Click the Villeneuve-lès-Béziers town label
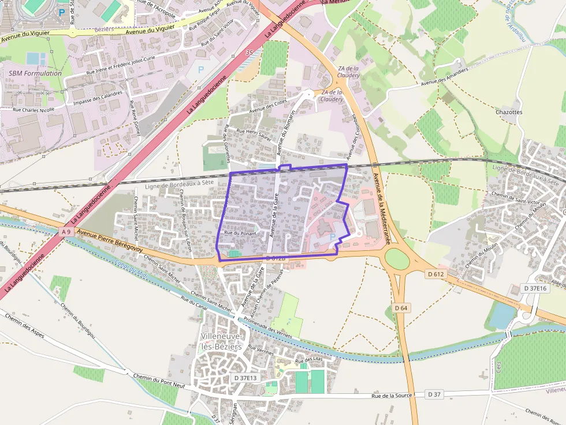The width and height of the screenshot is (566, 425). click(222, 341)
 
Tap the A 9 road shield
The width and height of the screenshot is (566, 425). click(67, 231)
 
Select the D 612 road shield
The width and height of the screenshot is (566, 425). click(436, 274)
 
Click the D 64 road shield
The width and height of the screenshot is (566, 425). click(401, 308)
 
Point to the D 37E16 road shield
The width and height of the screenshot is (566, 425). click(535, 288)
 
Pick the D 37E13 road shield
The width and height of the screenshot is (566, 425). click(245, 378)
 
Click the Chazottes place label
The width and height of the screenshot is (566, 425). click(509, 112)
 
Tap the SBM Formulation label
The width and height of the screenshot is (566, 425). click(35, 73)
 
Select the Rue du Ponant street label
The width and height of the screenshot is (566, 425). click(240, 233)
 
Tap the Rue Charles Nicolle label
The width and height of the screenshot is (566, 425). click(33, 109)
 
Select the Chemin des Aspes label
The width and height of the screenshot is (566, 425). click(24, 326)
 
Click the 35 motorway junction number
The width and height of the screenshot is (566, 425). click(250, 52)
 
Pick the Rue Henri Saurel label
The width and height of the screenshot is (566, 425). click(255, 136)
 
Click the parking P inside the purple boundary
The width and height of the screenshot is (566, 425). click(332, 237)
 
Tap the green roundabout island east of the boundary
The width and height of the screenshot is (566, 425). click(397, 259)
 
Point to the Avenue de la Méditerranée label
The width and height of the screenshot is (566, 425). click(381, 208)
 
